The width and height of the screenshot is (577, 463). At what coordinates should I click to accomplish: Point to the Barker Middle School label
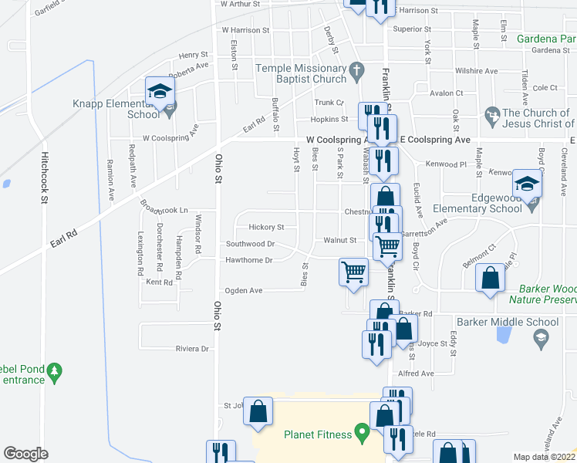[507, 322]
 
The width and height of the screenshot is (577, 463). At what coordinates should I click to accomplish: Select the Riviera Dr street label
[194, 349]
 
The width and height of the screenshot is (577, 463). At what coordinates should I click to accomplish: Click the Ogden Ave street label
[243, 291]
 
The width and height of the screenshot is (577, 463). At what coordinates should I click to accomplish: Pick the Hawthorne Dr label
[248, 261]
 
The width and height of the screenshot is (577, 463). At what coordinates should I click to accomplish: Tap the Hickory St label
[266, 228]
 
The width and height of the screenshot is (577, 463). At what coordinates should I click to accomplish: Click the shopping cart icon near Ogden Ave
[353, 271]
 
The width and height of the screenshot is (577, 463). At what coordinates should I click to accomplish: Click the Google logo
[25, 454]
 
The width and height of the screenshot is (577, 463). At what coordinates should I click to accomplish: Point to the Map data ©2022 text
[545, 457]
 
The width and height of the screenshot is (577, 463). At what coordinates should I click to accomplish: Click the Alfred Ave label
[416, 373]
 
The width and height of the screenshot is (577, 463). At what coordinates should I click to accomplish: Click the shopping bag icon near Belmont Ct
[490, 279]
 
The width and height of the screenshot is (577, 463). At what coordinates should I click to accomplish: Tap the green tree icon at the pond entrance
[54, 373]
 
